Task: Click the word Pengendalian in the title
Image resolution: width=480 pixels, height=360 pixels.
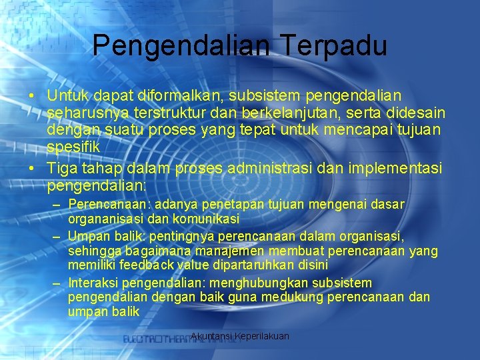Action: [x=181, y=46]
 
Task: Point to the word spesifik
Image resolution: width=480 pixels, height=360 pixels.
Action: [x=73, y=147]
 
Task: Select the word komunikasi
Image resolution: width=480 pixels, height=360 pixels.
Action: [x=206, y=219]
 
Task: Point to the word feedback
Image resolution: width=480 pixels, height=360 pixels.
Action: [x=147, y=265]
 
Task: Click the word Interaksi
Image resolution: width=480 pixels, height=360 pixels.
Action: [x=93, y=283]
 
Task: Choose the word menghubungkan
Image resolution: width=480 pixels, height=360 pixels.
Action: [x=259, y=283]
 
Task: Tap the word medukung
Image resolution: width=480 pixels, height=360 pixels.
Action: [x=293, y=297]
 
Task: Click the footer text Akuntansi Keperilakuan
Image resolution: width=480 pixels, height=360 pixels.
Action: [x=240, y=336]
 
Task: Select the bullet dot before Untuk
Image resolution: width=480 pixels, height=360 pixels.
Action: [x=31, y=96]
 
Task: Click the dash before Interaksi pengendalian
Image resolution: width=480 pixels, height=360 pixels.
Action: [x=56, y=283]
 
